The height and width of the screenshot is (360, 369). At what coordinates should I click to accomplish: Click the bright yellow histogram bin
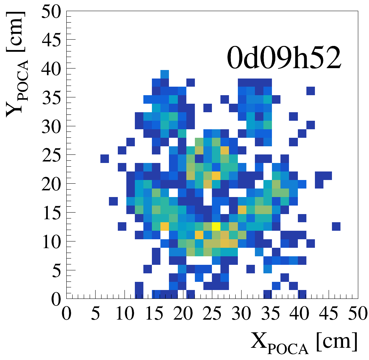coord(216,226)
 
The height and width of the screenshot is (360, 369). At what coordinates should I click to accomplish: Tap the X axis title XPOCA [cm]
coord(304,341)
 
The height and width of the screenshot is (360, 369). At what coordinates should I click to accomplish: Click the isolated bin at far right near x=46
coord(336,226)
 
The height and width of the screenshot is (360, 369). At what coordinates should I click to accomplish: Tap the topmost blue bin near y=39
coord(165,74)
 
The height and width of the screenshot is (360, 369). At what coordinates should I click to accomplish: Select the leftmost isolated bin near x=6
coord(105,159)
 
